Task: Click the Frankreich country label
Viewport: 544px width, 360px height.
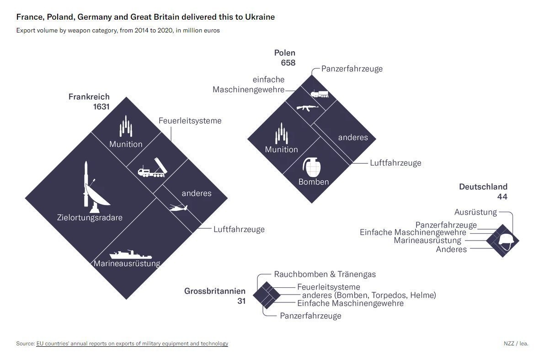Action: [x=89, y=97]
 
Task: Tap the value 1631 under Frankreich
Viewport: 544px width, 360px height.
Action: [x=101, y=107]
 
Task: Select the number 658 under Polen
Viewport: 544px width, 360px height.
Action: [x=288, y=63]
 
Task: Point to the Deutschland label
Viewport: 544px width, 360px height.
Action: [x=483, y=187]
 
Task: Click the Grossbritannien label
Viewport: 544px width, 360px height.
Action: [x=214, y=291]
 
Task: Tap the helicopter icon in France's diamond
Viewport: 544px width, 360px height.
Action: [x=178, y=208]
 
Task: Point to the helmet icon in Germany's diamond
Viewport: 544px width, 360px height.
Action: [x=507, y=241]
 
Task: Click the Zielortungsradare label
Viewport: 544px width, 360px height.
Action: [x=90, y=217]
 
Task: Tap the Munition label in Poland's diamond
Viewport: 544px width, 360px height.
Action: [x=281, y=150]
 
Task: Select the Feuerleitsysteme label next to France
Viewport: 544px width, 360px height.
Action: [x=190, y=121]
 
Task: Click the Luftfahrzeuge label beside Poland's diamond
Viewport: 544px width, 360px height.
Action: [x=395, y=163]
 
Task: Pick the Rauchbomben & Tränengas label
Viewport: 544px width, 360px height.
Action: [x=325, y=274]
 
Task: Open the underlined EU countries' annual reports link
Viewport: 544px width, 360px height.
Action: [x=132, y=344]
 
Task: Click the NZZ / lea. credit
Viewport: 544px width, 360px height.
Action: [x=515, y=344]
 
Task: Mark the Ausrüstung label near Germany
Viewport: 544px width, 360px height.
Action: [x=475, y=212]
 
